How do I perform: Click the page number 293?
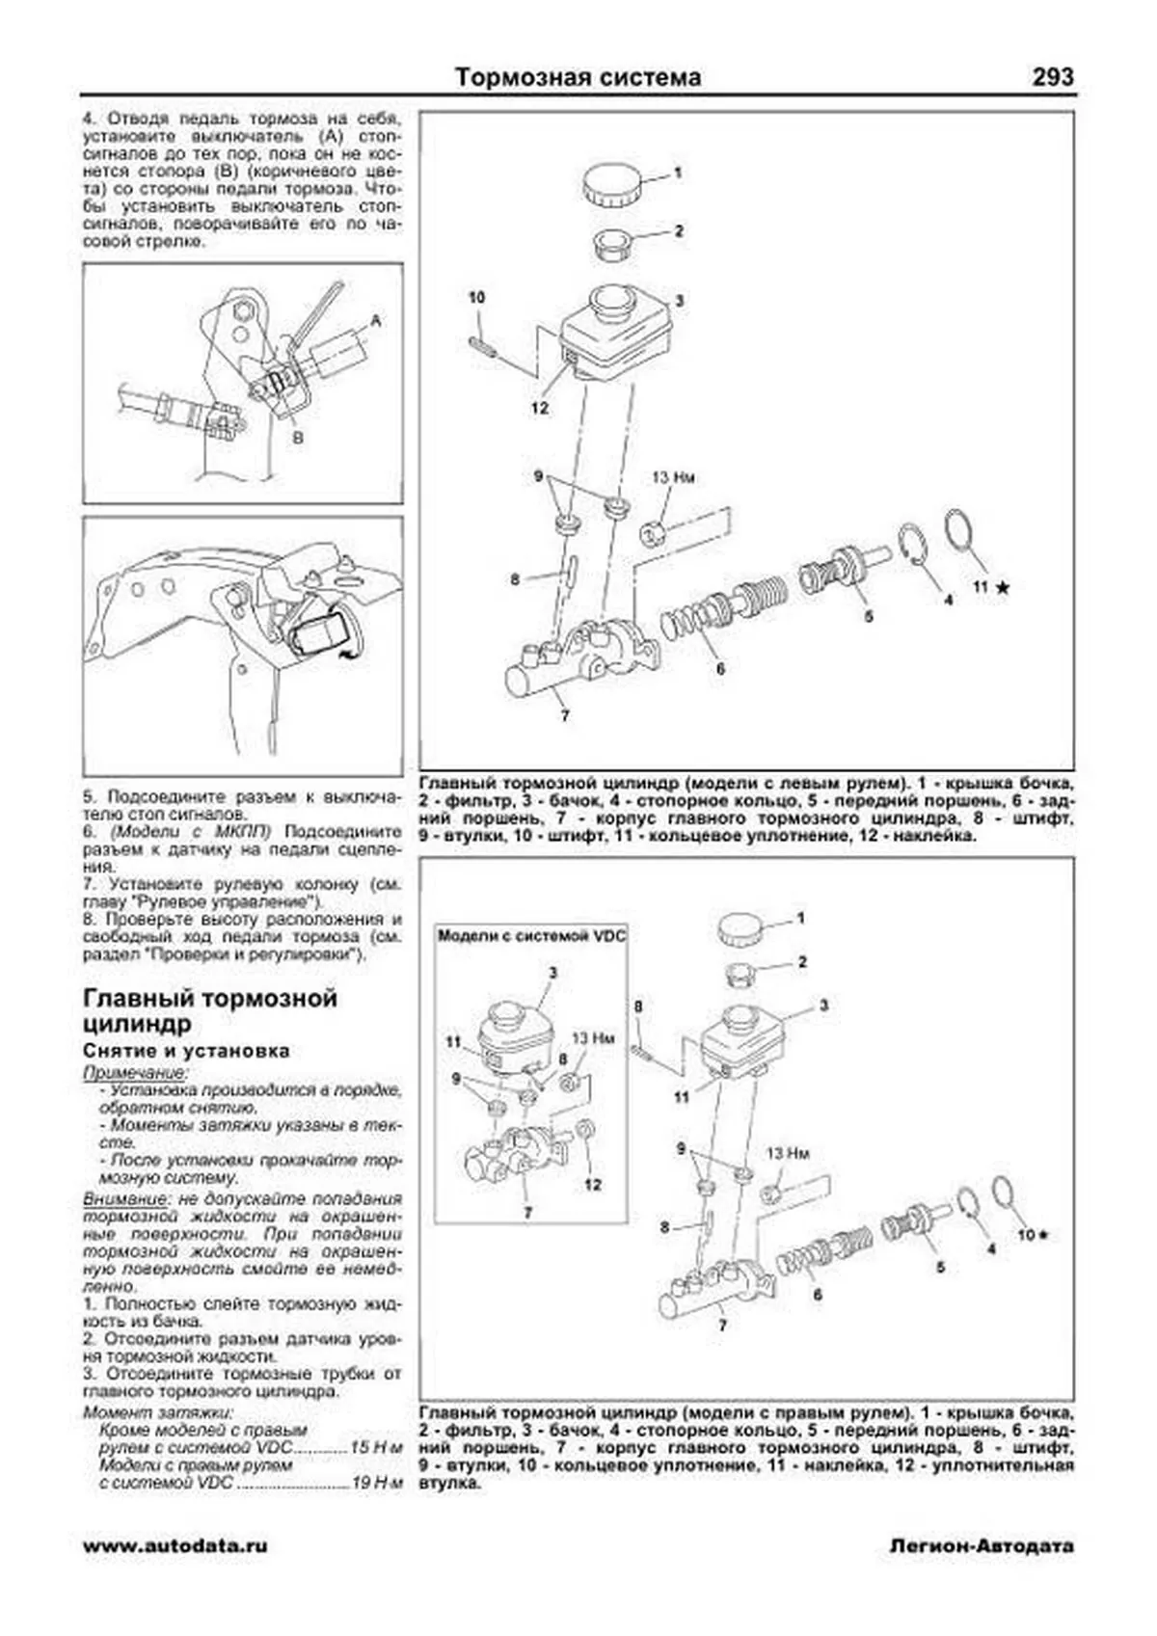tap(1052, 77)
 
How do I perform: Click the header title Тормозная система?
tap(578, 77)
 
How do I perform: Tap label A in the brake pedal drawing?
tap(376, 321)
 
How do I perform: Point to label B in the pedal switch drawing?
tap(298, 437)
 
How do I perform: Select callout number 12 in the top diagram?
tap(539, 408)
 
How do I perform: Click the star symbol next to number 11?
tap(1003, 587)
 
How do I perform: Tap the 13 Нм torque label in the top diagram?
tap(673, 477)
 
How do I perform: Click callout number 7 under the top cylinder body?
tap(565, 715)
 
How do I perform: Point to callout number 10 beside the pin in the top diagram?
tap(476, 298)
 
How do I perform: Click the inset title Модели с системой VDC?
tap(531, 935)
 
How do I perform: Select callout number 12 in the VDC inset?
tap(592, 1184)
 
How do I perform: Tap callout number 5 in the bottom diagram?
tap(940, 1268)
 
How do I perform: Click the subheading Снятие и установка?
tap(186, 1051)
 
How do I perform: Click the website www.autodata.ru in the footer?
tap(175, 1545)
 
